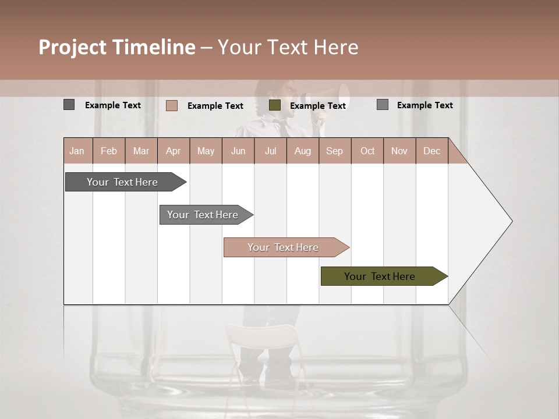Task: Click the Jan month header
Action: [x=77, y=151]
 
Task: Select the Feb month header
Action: [x=109, y=151]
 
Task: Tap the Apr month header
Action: [x=173, y=151]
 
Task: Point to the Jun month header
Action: [x=238, y=151]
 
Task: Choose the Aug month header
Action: [x=302, y=151]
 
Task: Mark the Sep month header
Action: [x=334, y=151]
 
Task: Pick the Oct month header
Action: [x=367, y=151]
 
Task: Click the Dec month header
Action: [x=431, y=151]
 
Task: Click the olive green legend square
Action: [x=275, y=105]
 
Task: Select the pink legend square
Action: [x=172, y=105]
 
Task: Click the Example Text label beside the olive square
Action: [x=317, y=106]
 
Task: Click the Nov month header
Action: [x=399, y=151]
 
